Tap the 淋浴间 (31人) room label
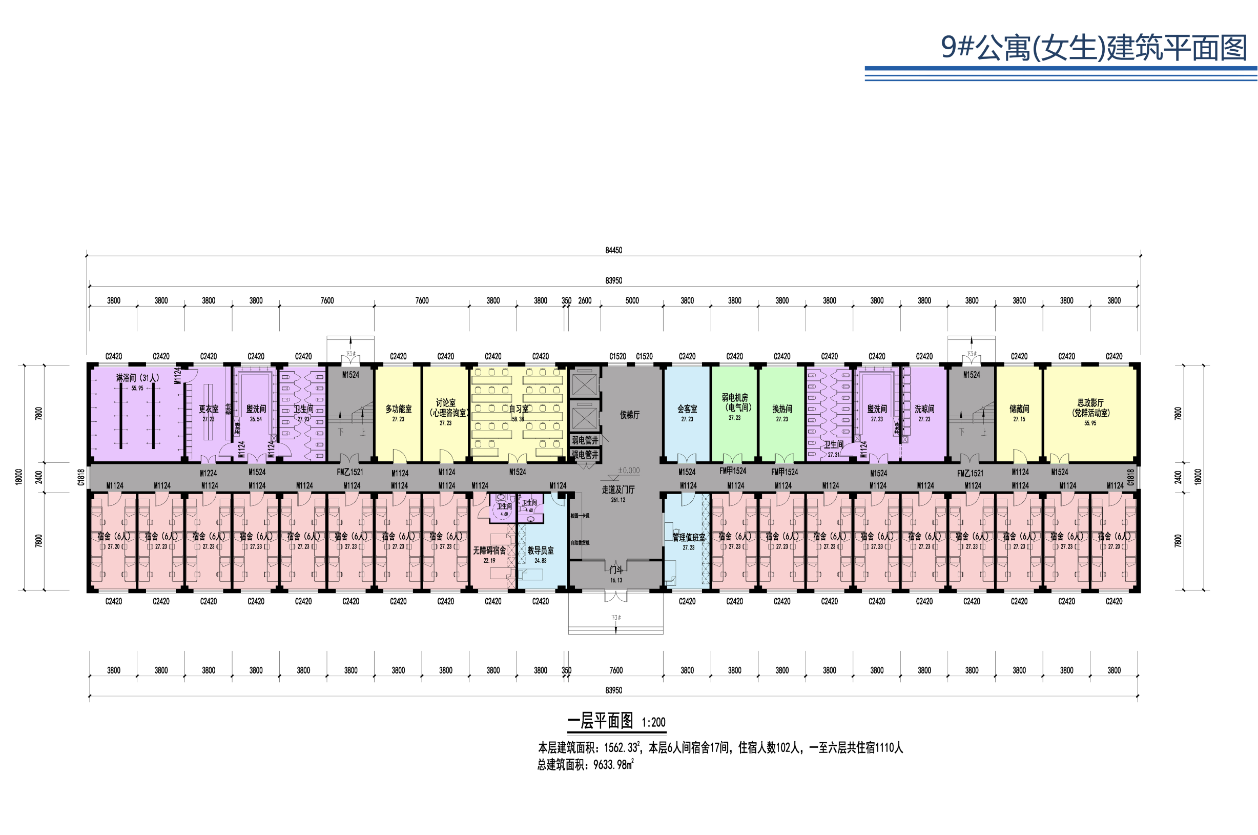(137, 378)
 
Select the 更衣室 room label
(208, 409)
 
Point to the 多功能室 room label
(398, 409)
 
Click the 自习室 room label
(519, 409)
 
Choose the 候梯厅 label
(629, 415)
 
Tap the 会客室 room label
(687, 409)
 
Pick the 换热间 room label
(781, 409)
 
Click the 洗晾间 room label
(924, 409)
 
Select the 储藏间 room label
(1019, 409)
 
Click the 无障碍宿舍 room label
(489, 551)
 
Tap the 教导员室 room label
(541, 551)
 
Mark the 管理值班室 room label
(688, 538)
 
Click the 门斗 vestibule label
(616, 570)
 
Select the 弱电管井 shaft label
(585, 440)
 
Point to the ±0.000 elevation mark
(629, 471)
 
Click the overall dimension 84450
(613, 250)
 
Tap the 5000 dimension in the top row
(632, 301)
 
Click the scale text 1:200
(653, 723)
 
